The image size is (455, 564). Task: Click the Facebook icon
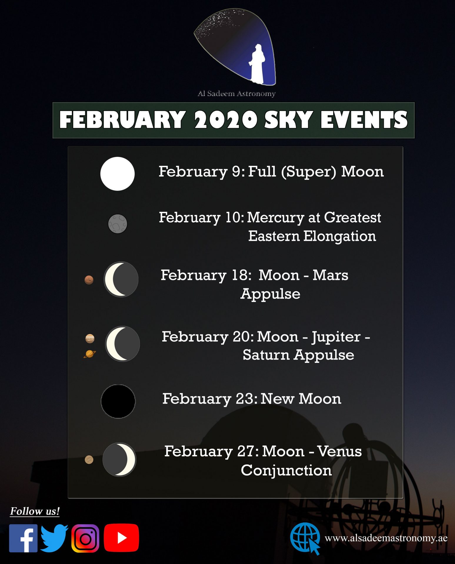click(x=23, y=538)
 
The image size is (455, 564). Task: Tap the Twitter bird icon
click(x=54, y=538)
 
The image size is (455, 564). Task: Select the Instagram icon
click(x=85, y=538)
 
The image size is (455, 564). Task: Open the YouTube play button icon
click(x=121, y=538)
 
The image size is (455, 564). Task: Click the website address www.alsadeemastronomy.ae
click(x=386, y=538)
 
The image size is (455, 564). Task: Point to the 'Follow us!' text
click(x=35, y=511)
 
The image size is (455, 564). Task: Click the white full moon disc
click(x=117, y=174)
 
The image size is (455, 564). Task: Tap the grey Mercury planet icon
click(x=118, y=224)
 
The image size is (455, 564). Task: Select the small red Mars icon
click(x=89, y=280)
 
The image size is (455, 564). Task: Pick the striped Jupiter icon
click(x=90, y=338)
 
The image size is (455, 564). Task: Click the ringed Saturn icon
click(x=90, y=354)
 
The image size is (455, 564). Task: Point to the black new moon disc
click(x=118, y=401)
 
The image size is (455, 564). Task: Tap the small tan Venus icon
click(x=89, y=459)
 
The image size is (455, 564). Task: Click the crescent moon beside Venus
click(x=119, y=459)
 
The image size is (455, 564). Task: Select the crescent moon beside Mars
click(x=121, y=279)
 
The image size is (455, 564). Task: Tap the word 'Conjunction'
click(x=286, y=470)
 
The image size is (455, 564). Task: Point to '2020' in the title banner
click(x=226, y=120)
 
